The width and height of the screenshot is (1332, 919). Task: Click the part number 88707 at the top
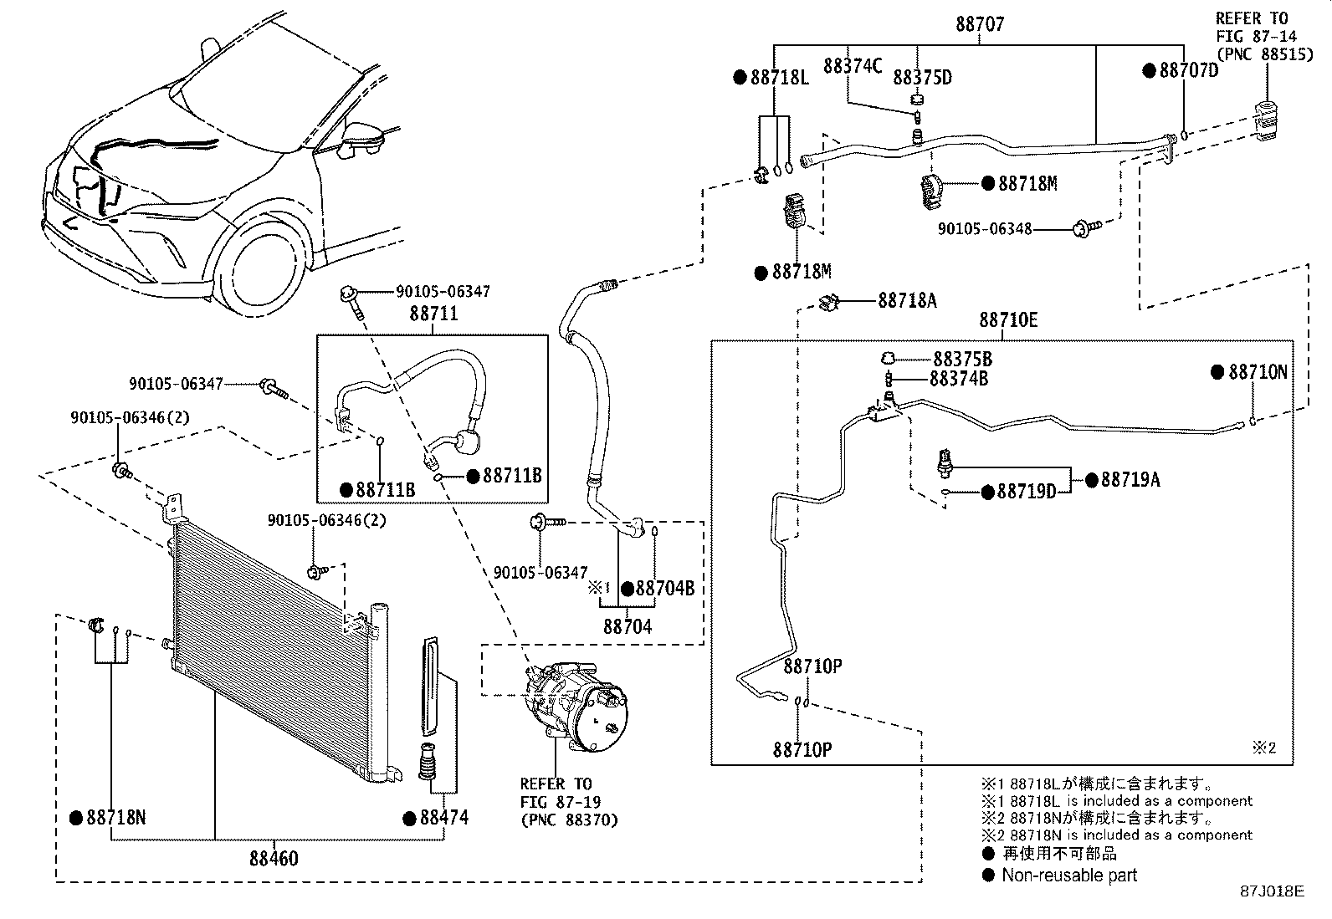tap(980, 24)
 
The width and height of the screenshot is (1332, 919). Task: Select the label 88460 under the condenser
tap(274, 858)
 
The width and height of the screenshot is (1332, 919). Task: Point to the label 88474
tap(443, 818)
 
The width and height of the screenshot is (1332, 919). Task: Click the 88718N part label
tap(116, 818)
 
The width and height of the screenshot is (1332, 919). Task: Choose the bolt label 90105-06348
tap(985, 229)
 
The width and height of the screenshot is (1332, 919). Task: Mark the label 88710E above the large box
tap(1008, 320)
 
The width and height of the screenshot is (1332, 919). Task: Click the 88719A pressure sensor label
tap(1130, 480)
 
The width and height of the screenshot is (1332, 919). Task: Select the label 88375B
tap(962, 360)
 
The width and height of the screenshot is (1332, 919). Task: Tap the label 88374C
tap(853, 66)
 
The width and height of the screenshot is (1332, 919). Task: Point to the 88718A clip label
tap(908, 301)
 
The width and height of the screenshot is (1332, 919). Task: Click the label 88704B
tap(665, 589)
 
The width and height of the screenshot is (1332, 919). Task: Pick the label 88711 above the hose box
tap(434, 314)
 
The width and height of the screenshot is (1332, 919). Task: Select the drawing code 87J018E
tap(1272, 891)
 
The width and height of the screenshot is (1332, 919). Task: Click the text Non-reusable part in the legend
tap(1069, 875)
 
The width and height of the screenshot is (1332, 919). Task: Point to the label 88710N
tap(1258, 372)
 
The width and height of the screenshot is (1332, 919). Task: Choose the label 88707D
tap(1189, 71)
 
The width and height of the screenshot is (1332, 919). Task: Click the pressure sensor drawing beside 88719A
tap(945, 463)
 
